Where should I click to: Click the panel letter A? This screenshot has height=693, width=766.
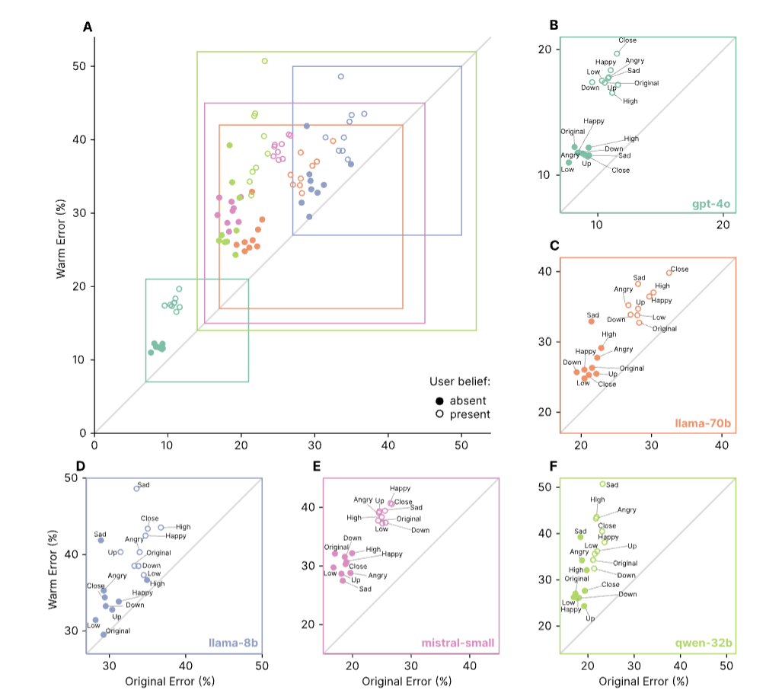click(88, 27)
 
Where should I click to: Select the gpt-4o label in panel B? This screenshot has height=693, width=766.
click(711, 204)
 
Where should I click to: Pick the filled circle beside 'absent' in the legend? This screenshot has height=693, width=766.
click(439, 401)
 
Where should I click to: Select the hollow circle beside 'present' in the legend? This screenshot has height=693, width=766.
click(439, 414)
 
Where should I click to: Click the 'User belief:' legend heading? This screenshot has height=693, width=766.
click(459, 381)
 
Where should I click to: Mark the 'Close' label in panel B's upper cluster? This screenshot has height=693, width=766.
click(627, 40)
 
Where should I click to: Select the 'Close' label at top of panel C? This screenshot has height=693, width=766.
click(679, 269)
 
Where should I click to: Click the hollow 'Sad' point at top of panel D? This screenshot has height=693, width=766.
click(137, 488)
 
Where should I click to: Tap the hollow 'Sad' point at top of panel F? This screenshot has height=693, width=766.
click(602, 484)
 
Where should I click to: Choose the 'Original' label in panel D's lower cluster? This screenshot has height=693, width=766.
click(118, 631)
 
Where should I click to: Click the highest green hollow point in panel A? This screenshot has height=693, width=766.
click(264, 61)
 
